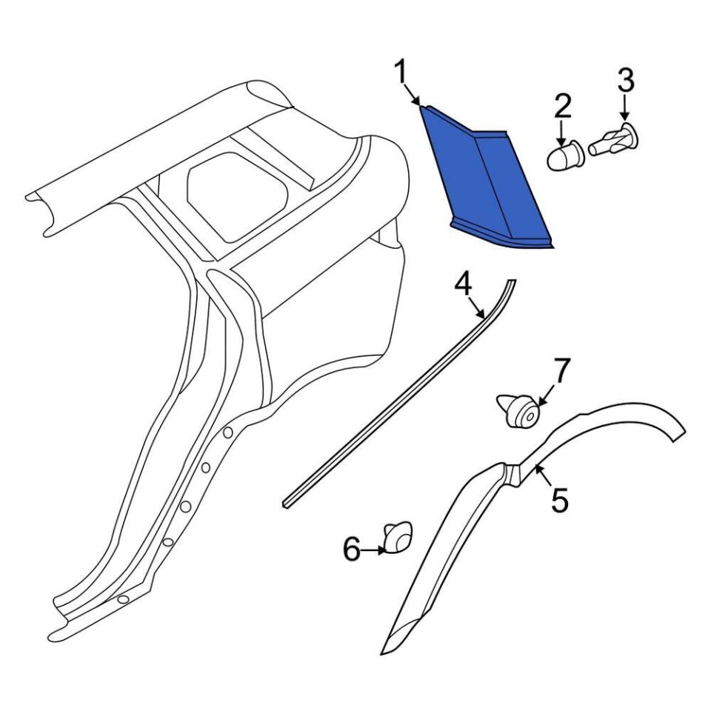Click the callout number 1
pos(401,73)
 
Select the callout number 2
pos(562,107)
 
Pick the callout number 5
pos(561,499)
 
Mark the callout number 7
pos(561,370)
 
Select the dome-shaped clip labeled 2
pos(564,156)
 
